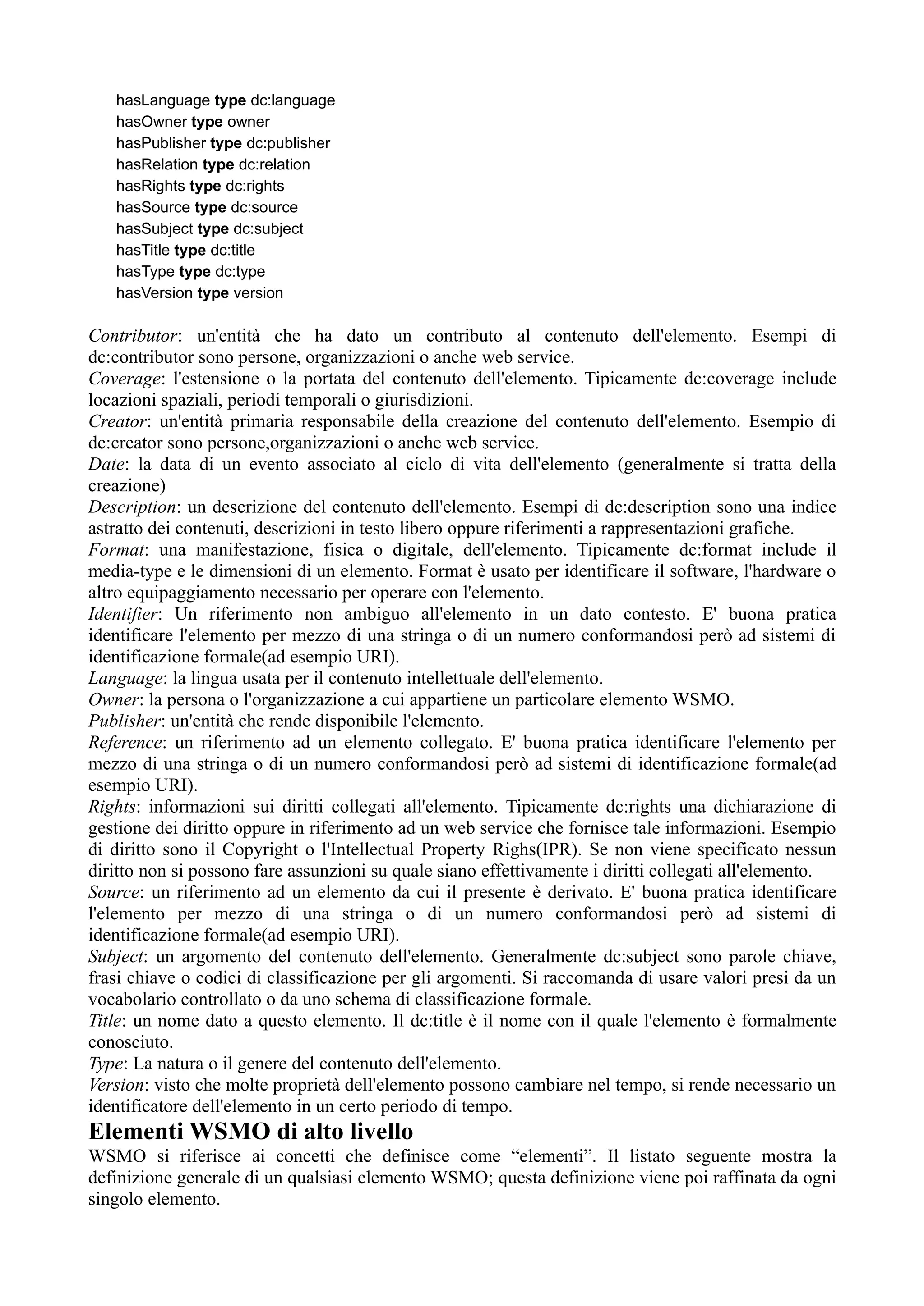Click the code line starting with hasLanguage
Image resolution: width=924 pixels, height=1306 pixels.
[x=226, y=100]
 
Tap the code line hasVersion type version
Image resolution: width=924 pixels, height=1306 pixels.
[x=199, y=293]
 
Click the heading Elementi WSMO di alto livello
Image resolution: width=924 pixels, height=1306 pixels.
[x=250, y=1116]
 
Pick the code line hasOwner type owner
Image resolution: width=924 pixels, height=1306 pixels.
[x=193, y=122]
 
